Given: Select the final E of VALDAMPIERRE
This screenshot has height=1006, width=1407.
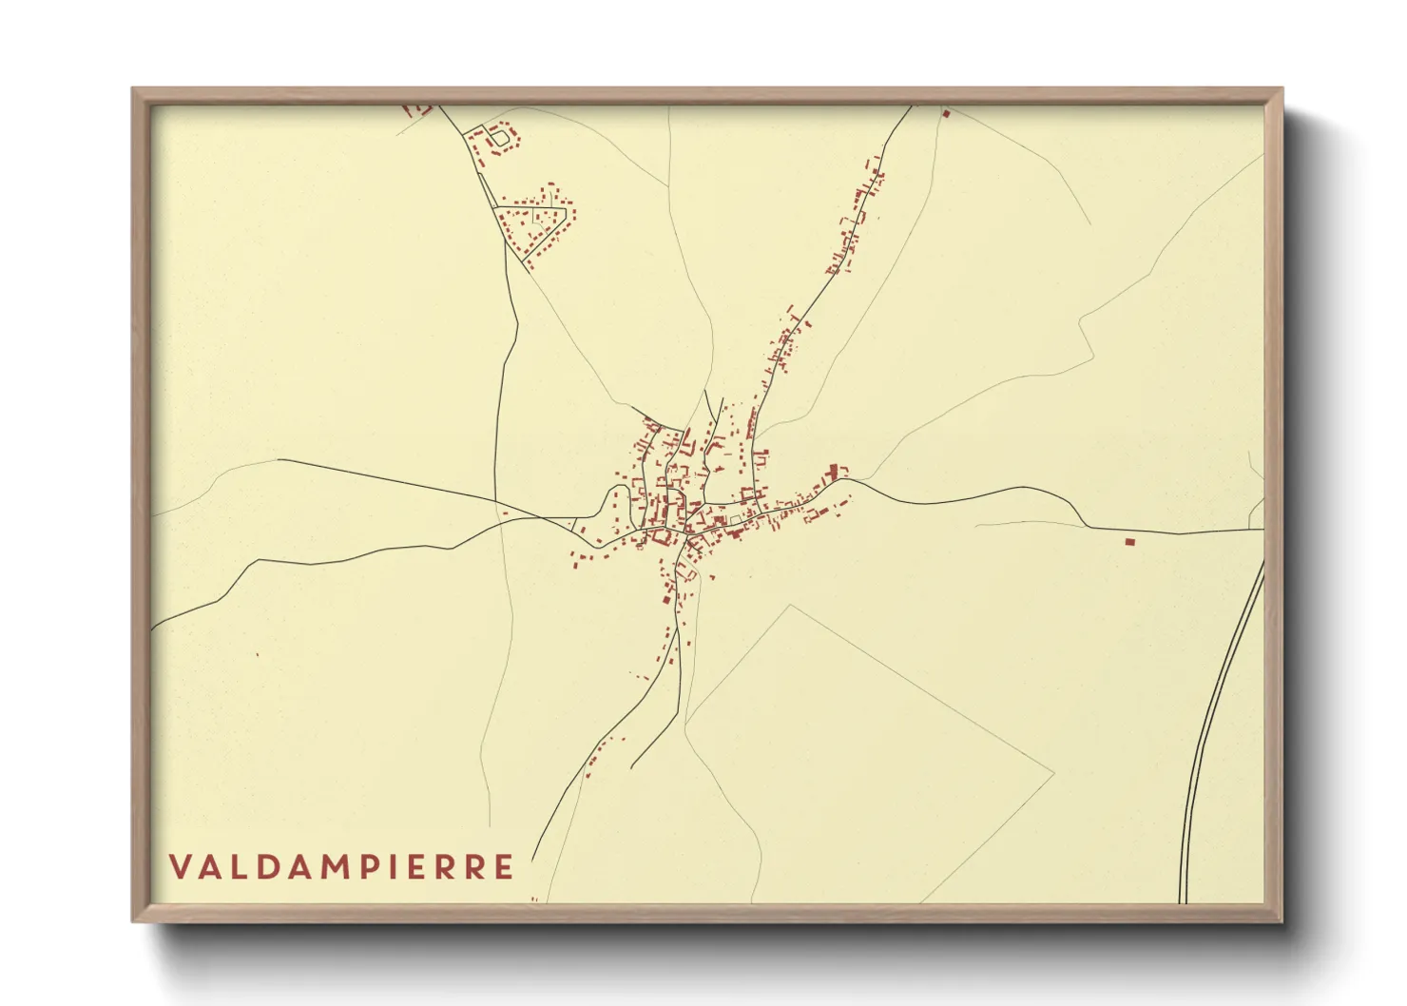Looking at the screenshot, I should [504, 867].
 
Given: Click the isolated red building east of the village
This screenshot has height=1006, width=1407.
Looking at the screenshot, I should [1129, 541].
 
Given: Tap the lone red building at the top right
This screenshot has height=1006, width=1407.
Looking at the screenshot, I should [946, 113].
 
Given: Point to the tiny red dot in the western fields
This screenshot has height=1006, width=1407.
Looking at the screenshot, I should [257, 654].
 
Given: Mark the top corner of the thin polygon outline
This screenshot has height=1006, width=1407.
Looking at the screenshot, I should [790, 605].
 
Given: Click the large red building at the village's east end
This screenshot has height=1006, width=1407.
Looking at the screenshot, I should [836, 471].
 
